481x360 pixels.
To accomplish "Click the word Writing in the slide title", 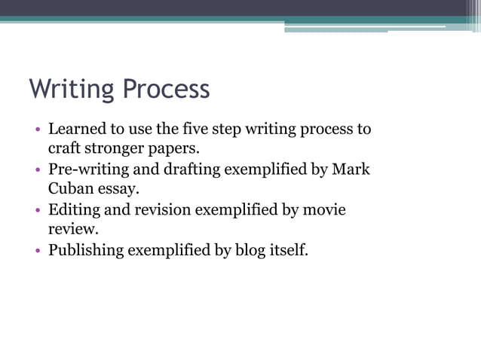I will coord(72,90).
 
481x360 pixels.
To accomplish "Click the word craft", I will coord(65,148).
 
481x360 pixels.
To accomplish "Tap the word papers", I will coord(176,148).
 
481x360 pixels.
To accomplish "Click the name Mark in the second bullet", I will coord(352,169).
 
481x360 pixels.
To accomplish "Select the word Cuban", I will coord(70,189).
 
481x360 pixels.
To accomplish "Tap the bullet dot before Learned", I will coord(38,130).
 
